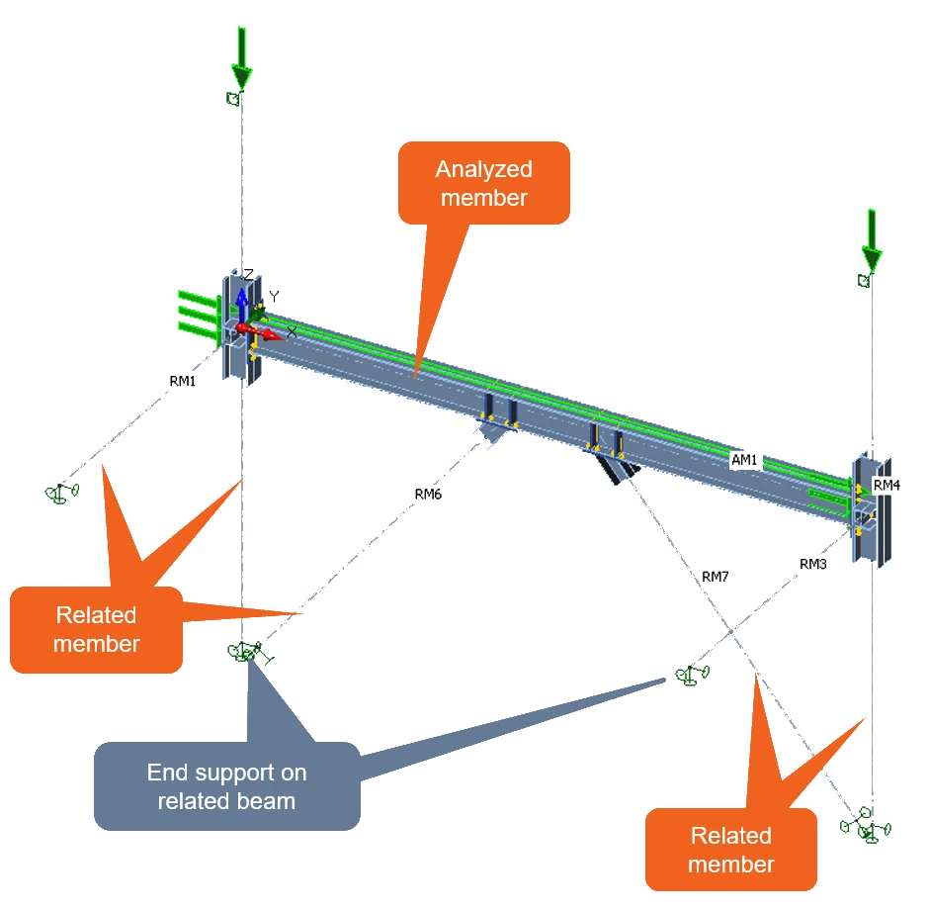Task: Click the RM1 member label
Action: (182, 381)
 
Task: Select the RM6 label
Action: (428, 494)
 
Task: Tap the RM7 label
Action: (716, 577)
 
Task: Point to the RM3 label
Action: (812, 564)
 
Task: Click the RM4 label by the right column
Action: (887, 485)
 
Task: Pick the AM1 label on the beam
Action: (744, 460)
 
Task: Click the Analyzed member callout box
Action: (484, 183)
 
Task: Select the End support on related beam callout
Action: (227, 786)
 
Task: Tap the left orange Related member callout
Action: (96, 630)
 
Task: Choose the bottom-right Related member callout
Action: (731, 850)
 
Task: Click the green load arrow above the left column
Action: (242, 57)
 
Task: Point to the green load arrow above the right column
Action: (872, 239)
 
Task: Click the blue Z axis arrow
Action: (241, 305)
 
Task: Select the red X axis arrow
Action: (261, 332)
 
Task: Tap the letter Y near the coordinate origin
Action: (274, 297)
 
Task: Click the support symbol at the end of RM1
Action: (61, 493)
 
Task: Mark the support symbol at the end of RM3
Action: (692, 675)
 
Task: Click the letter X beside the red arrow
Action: (292, 332)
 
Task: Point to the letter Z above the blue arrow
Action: (248, 274)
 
